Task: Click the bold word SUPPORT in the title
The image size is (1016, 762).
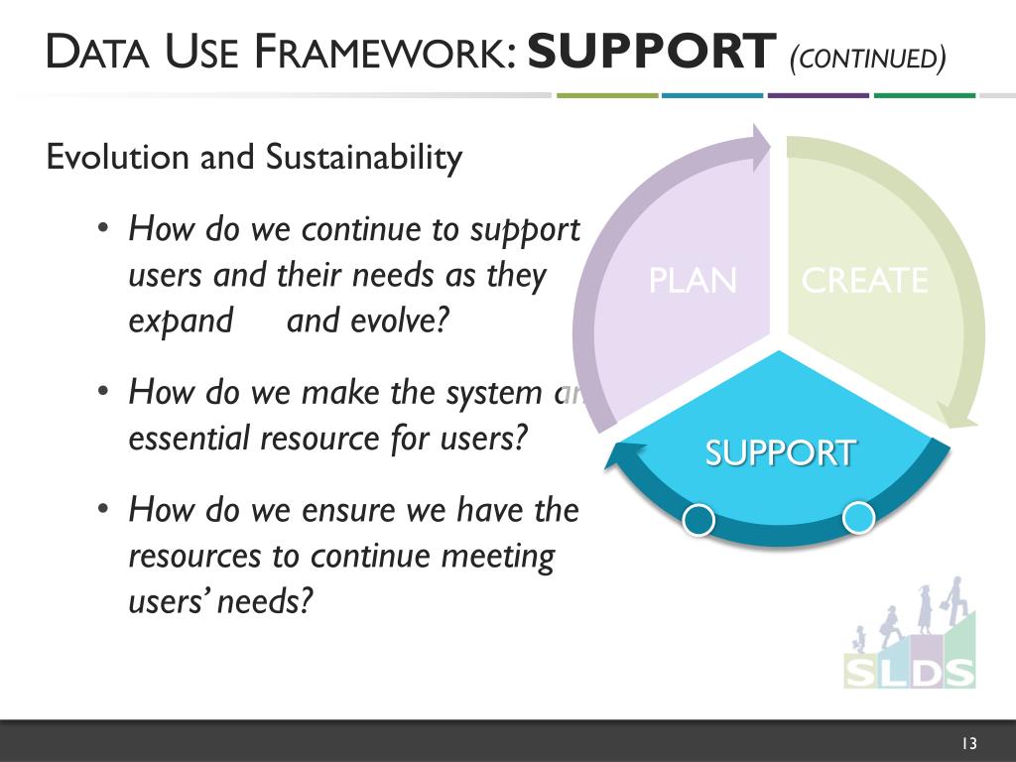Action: [x=651, y=52]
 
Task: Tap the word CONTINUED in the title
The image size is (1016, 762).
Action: [x=867, y=58]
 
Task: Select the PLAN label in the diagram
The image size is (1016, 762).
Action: [x=693, y=281]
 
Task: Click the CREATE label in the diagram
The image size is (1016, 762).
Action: [x=864, y=281]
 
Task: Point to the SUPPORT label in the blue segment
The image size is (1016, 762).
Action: [x=780, y=452]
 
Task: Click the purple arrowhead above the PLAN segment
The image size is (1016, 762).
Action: [x=760, y=145]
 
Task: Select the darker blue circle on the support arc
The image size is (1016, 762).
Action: [x=699, y=520]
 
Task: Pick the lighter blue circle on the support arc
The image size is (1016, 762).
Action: [x=858, y=517]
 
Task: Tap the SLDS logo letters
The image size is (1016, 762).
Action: [x=909, y=670]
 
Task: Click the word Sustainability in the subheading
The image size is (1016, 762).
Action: [x=364, y=158]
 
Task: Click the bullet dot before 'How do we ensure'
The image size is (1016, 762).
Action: [x=103, y=510]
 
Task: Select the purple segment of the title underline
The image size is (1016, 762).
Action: [x=818, y=95]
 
